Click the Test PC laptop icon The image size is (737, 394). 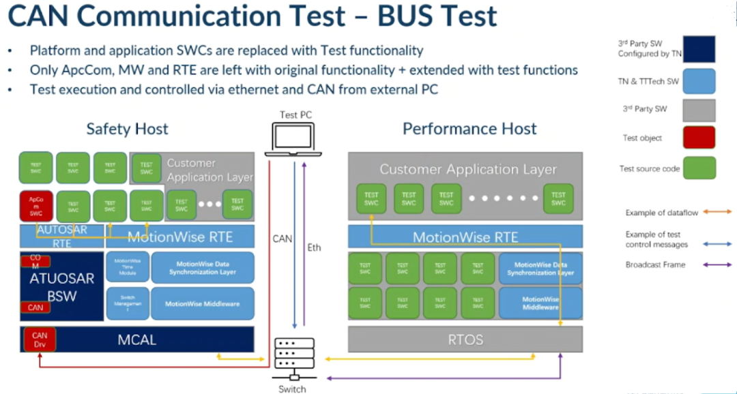[294, 138]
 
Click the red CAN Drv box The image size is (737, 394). [39, 339]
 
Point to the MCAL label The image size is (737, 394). [137, 339]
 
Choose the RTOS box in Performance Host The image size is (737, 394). [465, 339]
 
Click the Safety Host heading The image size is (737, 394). [127, 129]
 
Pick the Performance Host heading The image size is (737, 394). [469, 129]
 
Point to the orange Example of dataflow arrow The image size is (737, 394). [718, 212]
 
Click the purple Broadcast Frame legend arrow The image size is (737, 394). [718, 264]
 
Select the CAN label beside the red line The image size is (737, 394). [283, 239]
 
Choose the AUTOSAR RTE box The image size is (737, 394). [62, 236]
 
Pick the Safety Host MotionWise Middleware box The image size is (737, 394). [202, 304]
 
